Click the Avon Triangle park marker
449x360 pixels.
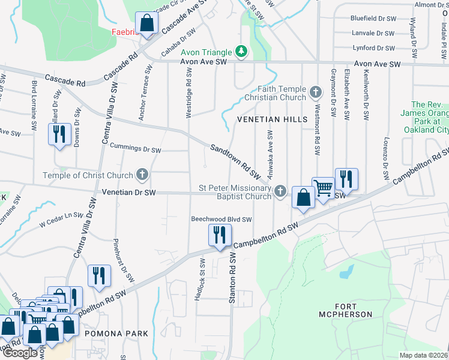click(241, 51)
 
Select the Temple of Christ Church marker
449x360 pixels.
click(142, 175)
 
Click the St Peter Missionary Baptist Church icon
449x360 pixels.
click(280, 191)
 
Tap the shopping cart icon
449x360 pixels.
click(323, 188)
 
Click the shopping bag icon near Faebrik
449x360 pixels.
click(146, 24)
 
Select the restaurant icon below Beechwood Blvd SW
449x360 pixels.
click(219, 235)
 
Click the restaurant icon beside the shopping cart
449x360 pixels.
click(346, 179)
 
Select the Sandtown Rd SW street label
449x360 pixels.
click(235, 161)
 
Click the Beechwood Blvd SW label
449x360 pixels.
click(221, 220)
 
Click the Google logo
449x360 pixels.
click(19, 353)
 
